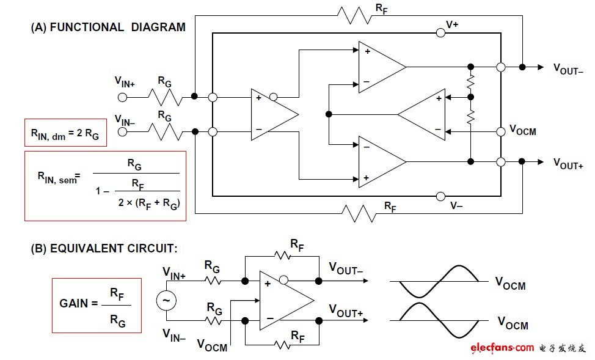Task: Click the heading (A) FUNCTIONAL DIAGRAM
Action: click(x=108, y=27)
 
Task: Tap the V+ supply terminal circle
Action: click(x=440, y=33)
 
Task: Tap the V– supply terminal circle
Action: click(x=440, y=196)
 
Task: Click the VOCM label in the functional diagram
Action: click(x=522, y=130)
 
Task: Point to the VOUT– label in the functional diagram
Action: click(x=568, y=68)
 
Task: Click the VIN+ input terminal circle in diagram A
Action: click(x=122, y=97)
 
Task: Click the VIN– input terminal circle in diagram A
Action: click(x=122, y=131)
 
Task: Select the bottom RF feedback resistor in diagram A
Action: click(x=359, y=213)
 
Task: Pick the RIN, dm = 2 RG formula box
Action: click(x=65, y=133)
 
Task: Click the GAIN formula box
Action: click(x=96, y=305)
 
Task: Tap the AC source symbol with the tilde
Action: click(x=165, y=301)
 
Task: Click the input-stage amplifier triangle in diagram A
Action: click(x=272, y=114)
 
